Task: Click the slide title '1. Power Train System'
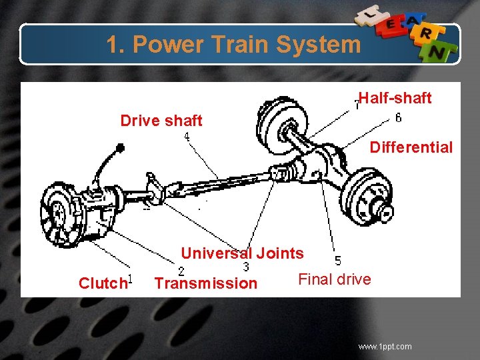pos(233,45)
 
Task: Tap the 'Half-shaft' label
pos(395,98)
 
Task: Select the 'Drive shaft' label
pos(161,121)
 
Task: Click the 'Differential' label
pos(411,147)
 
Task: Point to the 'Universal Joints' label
pos(242,253)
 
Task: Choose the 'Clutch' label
pos(102,283)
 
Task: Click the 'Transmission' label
pos(205,283)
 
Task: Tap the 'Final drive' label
pos(334,279)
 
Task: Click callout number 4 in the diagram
pos(187,137)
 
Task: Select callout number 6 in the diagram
pos(398,118)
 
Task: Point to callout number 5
pos(338,260)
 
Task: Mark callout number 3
pos(246,267)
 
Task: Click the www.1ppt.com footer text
pos(385,346)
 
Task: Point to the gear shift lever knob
pos(119,147)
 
